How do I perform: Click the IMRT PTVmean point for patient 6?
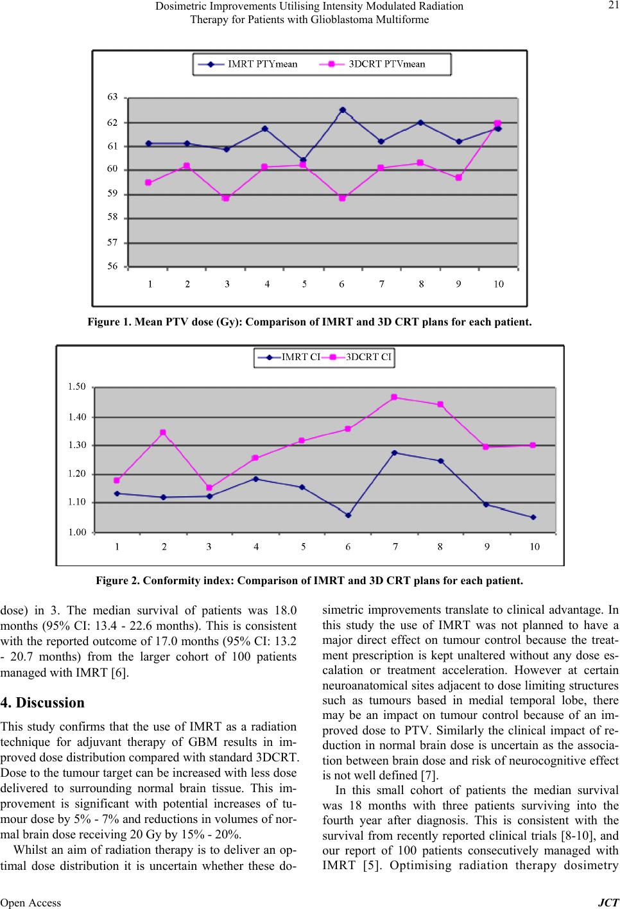click(x=343, y=110)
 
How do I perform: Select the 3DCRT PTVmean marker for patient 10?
click(x=497, y=123)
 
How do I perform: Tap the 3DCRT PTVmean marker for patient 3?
click(x=226, y=198)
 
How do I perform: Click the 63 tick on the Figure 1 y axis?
click(x=112, y=97)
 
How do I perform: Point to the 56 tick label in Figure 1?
click(x=112, y=266)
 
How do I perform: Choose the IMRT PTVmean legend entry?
click(x=248, y=64)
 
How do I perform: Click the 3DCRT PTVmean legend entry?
click(x=372, y=64)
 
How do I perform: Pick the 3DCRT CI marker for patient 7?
click(x=394, y=397)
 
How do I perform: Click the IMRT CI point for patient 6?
click(x=348, y=515)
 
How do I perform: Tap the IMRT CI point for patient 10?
click(x=533, y=517)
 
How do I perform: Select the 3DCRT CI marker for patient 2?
click(x=163, y=433)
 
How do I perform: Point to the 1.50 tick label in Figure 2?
click(x=77, y=386)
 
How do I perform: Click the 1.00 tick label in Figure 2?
click(x=77, y=532)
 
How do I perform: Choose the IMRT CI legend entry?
click(x=289, y=357)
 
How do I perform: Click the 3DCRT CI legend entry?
click(x=358, y=357)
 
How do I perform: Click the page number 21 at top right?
click(x=614, y=5)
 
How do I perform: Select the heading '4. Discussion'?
click(x=42, y=702)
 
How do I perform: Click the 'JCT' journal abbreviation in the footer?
click(x=608, y=903)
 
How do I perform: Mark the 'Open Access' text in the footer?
click(x=31, y=903)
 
